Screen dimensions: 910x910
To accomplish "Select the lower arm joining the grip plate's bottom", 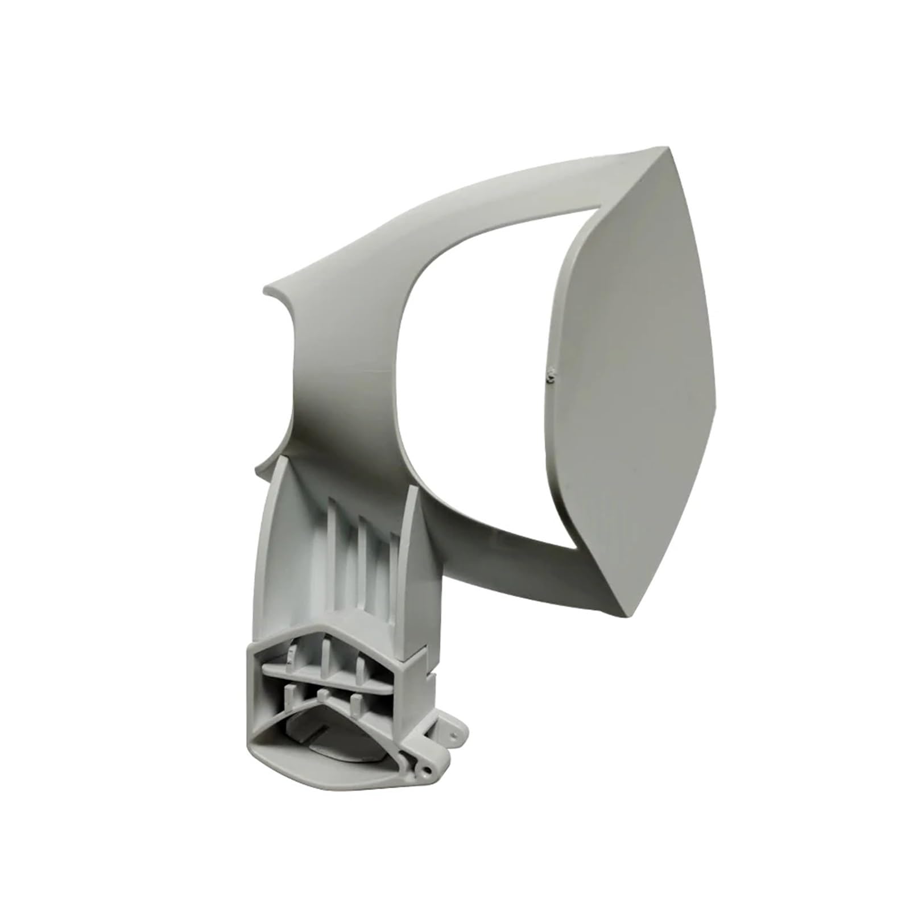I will coord(512,529).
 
